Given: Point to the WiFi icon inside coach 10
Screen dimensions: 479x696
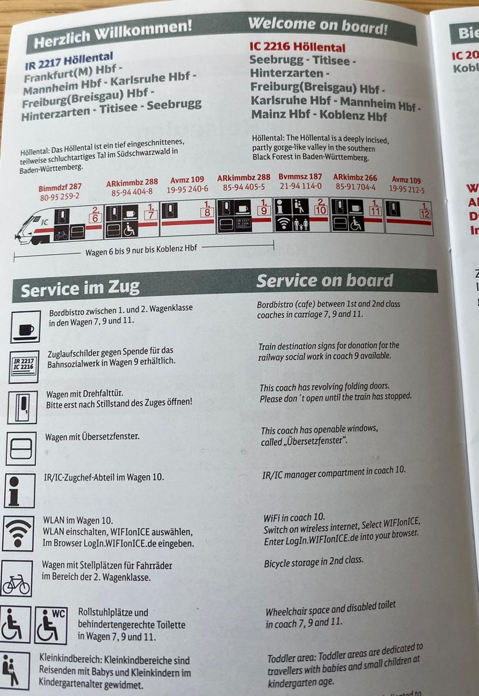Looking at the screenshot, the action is click(x=282, y=224).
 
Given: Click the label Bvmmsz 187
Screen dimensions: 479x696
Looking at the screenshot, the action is click(x=300, y=177).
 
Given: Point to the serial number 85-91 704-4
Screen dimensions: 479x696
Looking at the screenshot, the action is click(x=355, y=187).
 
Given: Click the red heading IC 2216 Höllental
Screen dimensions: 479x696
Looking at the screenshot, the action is click(x=297, y=47).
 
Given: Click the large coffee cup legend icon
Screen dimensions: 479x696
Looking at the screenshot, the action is click(x=26, y=327).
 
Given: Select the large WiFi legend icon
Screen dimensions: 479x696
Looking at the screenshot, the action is click(x=19, y=534).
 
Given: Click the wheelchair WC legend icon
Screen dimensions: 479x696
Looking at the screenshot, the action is click(x=51, y=625).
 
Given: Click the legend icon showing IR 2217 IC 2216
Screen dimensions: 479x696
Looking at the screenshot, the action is click(x=24, y=367).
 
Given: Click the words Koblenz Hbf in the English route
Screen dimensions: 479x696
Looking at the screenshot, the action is click(x=353, y=115).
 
